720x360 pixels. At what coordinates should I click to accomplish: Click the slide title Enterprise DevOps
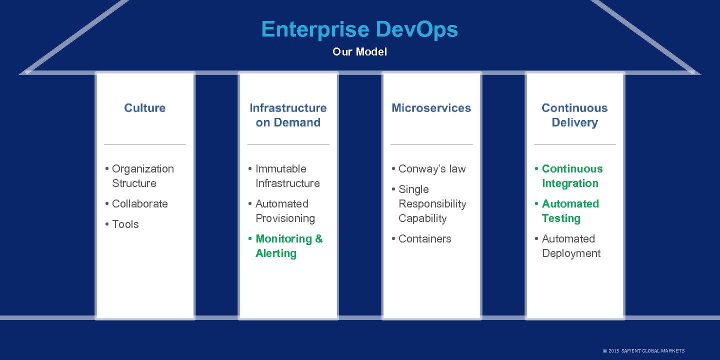click(359, 29)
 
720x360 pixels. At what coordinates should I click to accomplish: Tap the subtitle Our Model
click(359, 52)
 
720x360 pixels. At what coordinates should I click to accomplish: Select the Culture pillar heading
click(144, 108)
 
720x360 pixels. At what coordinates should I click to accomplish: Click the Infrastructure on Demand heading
click(288, 115)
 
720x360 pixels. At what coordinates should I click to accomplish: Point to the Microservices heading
click(431, 108)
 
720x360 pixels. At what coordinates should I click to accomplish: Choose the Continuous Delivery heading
click(574, 115)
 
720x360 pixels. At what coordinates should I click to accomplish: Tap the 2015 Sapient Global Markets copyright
click(643, 351)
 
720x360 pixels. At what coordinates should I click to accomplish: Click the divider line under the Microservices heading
click(431, 145)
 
